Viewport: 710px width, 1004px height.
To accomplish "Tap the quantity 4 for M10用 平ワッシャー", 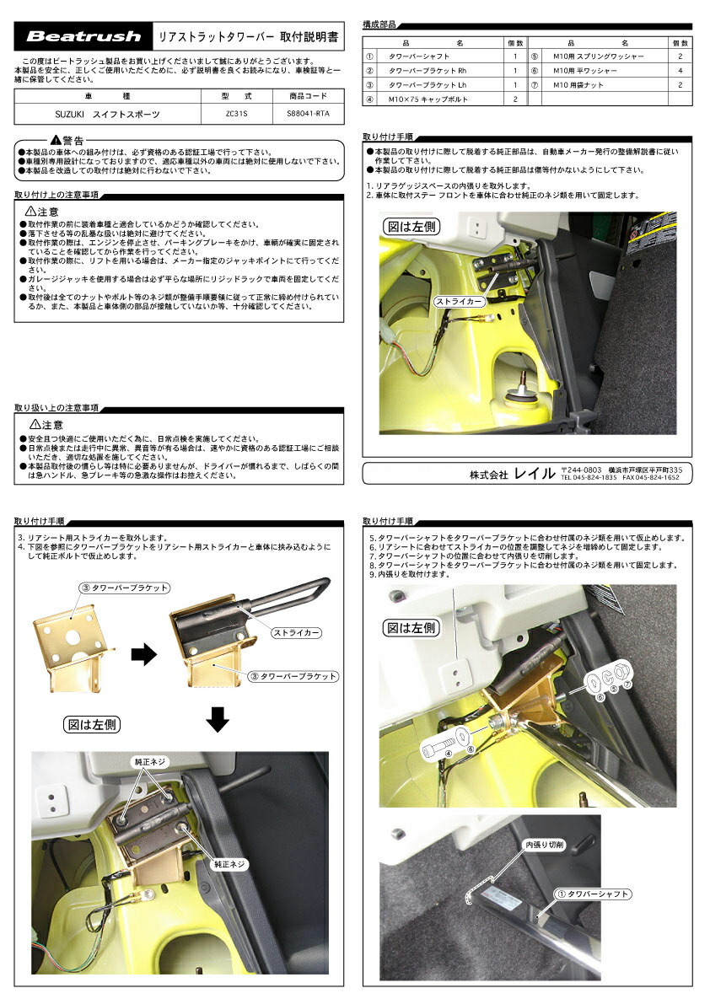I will (680, 71).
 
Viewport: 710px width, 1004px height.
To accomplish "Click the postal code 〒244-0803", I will (581, 469).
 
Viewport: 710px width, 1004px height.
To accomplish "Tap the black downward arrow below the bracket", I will (218, 719).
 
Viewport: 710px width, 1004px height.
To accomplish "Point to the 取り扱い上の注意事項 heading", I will (56, 407).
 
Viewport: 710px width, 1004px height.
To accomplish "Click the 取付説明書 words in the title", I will (311, 37).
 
